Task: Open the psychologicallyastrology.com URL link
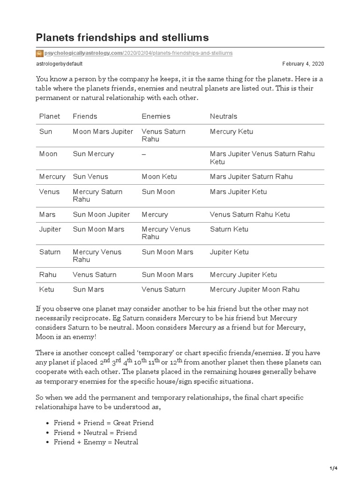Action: pos(138,53)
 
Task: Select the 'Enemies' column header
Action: pos(156,116)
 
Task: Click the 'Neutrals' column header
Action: pos(224,116)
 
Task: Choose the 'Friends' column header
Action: pos(85,116)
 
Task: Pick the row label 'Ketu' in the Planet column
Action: pos(47,289)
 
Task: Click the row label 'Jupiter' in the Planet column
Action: pos(50,229)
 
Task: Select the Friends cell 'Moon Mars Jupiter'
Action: pos(103,131)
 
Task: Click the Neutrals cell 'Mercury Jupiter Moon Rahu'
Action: pos(255,289)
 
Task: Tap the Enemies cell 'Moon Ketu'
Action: pos(157,176)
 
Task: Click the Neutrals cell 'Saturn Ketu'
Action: pos(229,229)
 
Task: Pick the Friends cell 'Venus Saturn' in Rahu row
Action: pos(95,274)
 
